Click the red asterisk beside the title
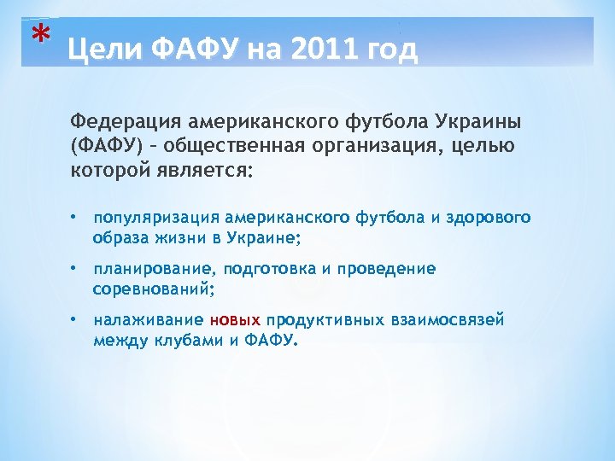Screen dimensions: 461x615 38,36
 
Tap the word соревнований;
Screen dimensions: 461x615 154,288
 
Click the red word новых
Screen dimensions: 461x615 235,320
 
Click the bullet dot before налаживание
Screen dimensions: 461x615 75,320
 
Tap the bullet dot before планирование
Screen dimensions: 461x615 75,269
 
